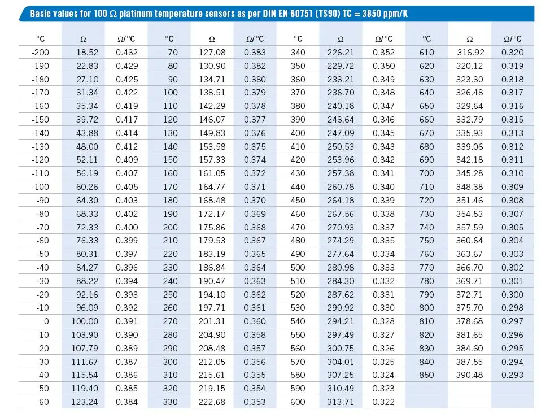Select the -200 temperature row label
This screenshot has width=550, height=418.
coord(41,53)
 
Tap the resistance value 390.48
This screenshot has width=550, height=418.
coord(469,375)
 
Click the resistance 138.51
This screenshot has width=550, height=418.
coord(212,93)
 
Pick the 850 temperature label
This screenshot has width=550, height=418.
coord(427,375)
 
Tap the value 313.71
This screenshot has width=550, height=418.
coord(341,402)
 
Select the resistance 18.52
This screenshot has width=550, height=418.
coord(88,53)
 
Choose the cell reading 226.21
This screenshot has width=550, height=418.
coord(341,53)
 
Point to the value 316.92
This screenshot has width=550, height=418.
coord(470,53)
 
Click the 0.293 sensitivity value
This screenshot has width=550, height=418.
coord(512,375)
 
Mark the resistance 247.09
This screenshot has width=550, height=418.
coord(341,133)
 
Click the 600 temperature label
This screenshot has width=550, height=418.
coord(298,402)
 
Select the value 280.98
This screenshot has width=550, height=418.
coord(341,268)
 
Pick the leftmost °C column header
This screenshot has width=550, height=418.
coord(41,39)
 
